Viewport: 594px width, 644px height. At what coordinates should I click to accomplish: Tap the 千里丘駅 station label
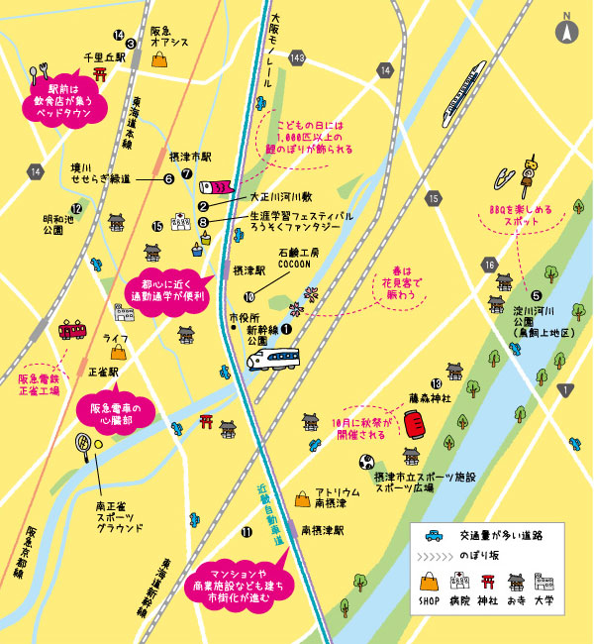[106, 58]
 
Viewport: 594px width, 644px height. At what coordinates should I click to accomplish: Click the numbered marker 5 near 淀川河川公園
[536, 294]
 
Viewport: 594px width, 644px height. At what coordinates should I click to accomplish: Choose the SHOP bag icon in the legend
[429, 582]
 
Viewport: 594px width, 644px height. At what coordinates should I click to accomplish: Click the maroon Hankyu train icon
[72, 330]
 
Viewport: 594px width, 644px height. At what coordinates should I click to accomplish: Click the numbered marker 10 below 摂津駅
[248, 295]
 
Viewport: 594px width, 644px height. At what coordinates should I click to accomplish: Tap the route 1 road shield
[564, 389]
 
